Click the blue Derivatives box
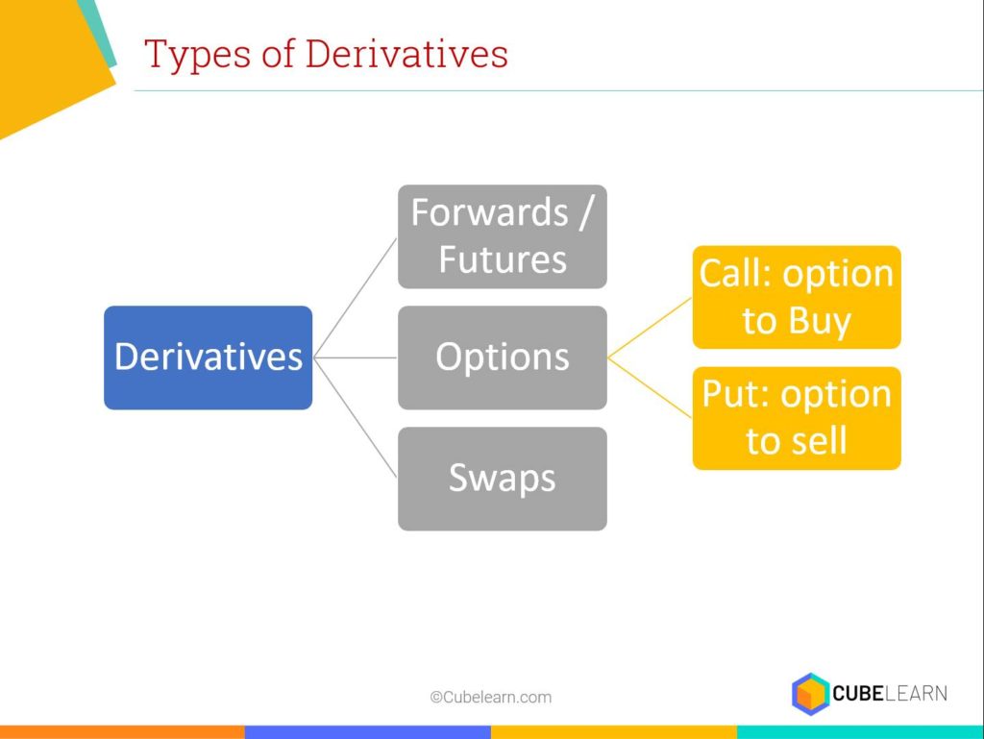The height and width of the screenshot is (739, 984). tap(209, 357)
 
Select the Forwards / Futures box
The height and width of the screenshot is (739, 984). tap(502, 236)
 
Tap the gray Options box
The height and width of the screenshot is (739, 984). tap(502, 357)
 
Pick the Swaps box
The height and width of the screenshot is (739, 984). tap(502, 479)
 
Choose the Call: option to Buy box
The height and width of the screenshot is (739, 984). tap(797, 297)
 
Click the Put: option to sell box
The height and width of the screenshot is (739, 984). tap(797, 418)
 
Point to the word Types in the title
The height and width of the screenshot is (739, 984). tap(198, 55)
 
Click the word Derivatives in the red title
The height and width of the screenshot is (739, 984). tap(406, 54)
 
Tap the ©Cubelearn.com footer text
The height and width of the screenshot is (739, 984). tap(491, 697)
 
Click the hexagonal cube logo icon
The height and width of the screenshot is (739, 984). tap(810, 694)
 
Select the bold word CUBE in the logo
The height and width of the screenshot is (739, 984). tap(858, 693)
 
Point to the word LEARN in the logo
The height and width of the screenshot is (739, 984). tap(916, 693)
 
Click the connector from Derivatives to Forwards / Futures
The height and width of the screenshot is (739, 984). tap(356, 297)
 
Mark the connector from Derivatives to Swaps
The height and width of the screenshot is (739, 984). tap(356, 418)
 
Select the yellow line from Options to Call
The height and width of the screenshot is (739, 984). tap(650, 328)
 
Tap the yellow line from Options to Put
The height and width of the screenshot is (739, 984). tap(650, 387)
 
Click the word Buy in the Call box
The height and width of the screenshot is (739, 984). tap(820, 321)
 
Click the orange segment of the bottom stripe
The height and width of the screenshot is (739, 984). tap(122, 732)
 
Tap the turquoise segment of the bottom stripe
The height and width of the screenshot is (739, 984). tap(860, 732)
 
